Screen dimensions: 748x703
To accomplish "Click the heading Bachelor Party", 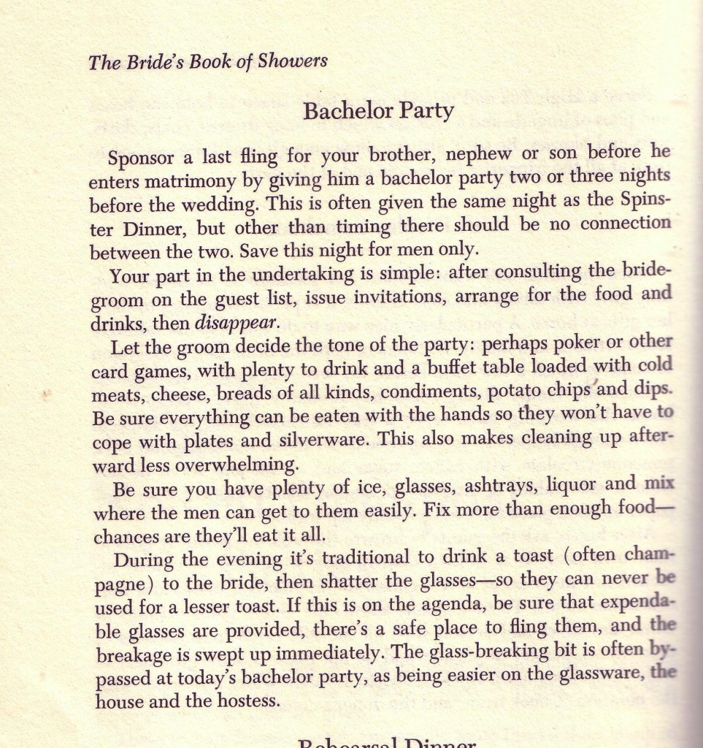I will click(378, 111).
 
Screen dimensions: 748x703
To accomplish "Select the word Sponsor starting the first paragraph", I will click(142, 159).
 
